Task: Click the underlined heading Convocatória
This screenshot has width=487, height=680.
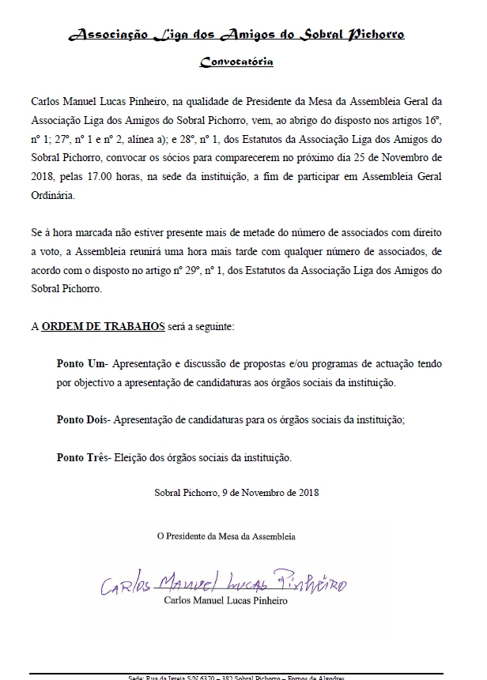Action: (236, 61)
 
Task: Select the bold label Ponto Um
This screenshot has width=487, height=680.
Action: (82, 364)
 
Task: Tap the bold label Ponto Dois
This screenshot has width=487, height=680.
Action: (84, 421)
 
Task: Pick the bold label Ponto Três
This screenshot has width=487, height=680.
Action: (83, 457)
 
